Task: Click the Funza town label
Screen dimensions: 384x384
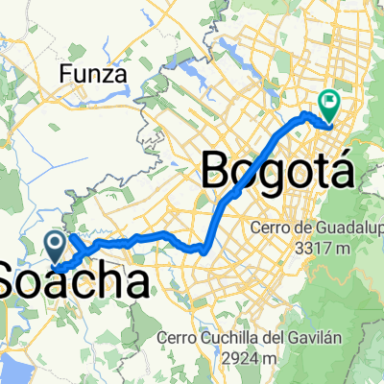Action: click(89, 72)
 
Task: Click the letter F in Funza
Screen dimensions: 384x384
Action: click(65, 72)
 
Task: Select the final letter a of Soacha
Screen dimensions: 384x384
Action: click(139, 283)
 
